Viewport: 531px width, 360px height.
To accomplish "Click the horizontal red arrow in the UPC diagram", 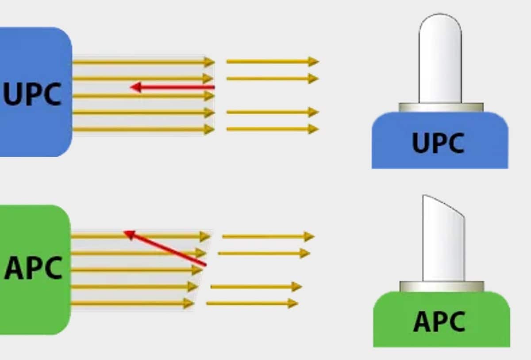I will point(177,87).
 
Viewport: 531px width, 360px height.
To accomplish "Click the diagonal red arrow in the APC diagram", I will point(168,249).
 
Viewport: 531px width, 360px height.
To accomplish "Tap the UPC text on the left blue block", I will point(32,94).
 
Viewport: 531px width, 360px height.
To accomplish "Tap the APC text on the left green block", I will point(33,267).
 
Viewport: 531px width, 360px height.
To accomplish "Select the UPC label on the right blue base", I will point(438,143).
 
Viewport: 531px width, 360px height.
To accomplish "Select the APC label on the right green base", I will point(439,321).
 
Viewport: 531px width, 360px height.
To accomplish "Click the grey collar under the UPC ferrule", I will point(441,107).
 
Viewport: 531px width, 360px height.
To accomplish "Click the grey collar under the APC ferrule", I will point(442,286).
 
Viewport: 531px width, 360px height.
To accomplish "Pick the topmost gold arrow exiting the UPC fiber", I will point(272,62).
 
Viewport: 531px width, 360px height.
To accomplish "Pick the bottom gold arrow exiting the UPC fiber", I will point(272,129).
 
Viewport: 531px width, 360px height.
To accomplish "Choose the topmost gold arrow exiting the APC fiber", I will point(268,236).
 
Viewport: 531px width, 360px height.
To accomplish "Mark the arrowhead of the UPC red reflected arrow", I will point(135,87).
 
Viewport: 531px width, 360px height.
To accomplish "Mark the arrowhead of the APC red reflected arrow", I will point(129,233).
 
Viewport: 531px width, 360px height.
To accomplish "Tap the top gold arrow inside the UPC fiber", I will point(142,62).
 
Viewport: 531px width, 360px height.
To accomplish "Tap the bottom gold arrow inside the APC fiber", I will point(133,304).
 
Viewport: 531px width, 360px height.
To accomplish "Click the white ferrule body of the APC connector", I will point(443,248).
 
